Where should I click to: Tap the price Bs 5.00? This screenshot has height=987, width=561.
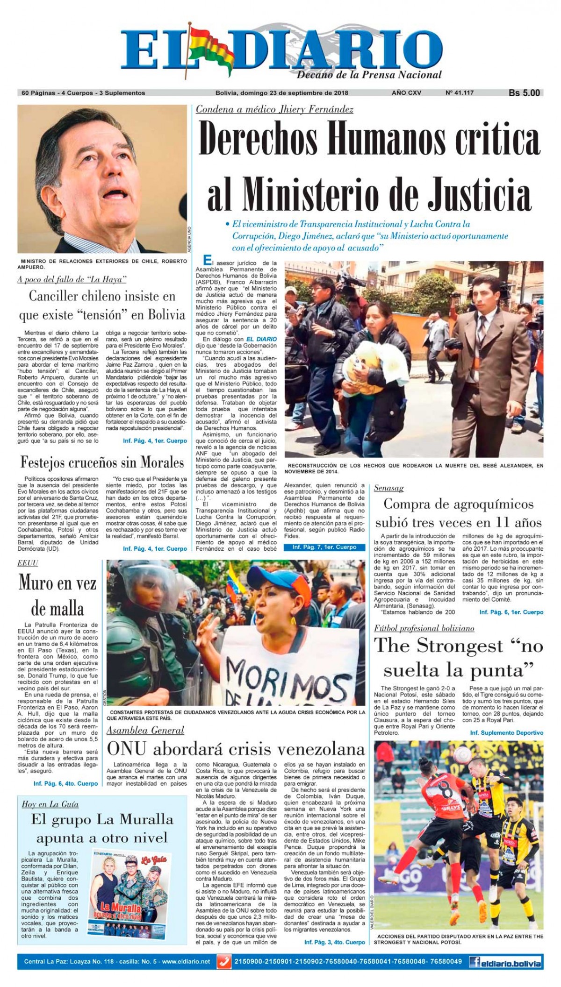point(524,93)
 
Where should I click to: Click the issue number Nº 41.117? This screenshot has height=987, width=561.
point(460,93)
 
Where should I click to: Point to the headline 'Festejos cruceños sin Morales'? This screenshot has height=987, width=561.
point(102,462)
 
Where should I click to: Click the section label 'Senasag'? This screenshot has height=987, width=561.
point(388,488)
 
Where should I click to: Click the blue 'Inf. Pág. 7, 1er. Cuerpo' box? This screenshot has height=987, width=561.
point(324,547)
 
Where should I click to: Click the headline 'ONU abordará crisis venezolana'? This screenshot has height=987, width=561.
point(236,749)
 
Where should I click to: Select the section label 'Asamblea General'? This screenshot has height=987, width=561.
point(145,730)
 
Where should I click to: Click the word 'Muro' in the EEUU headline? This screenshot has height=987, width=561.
point(38,582)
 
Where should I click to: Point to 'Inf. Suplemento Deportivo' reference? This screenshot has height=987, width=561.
point(506,733)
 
